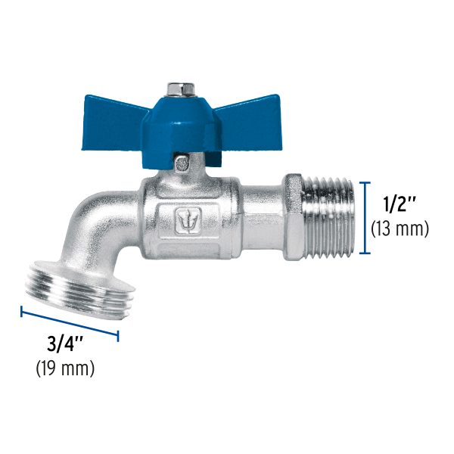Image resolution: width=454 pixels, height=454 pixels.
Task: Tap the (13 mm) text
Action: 400,229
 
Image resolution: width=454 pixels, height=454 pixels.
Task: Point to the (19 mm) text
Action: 65,369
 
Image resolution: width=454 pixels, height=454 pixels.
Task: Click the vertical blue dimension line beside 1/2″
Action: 365,217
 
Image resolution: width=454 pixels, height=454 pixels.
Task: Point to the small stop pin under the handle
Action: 181,163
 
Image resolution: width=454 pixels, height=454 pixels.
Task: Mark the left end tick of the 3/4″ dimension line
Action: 22,310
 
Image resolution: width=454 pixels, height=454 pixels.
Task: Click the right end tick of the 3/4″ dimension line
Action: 118,334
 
